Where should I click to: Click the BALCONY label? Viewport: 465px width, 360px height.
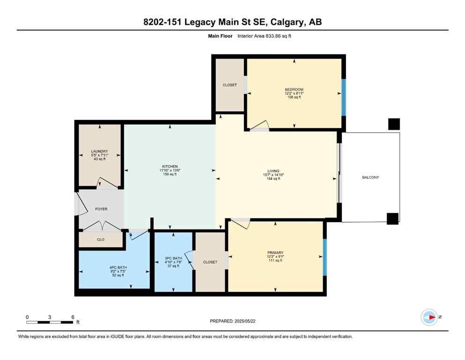click(370, 177)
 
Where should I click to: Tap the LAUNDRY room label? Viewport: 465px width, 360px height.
click(99, 151)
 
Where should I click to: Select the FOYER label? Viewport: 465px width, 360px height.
click(101, 209)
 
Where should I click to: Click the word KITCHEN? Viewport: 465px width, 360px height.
click(170, 167)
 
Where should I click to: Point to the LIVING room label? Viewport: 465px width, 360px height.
click(273, 171)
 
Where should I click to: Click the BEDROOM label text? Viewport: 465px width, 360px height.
click(294, 90)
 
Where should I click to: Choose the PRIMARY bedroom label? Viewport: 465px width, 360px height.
click(276, 253)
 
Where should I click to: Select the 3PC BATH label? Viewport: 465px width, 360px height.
click(174, 258)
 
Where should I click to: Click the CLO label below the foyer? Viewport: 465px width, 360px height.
click(101, 240)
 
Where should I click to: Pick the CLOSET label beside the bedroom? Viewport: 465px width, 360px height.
click(229, 85)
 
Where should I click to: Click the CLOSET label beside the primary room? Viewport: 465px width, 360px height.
click(210, 262)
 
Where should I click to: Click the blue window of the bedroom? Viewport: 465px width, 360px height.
click(343, 97)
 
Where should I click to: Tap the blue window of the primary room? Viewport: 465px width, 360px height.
click(324, 257)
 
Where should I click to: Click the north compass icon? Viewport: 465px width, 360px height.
click(429, 317)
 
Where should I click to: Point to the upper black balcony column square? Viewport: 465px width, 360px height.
click(394, 124)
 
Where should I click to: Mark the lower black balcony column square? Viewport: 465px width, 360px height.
click(392, 218)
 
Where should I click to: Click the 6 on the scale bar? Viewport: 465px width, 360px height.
click(73, 317)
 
